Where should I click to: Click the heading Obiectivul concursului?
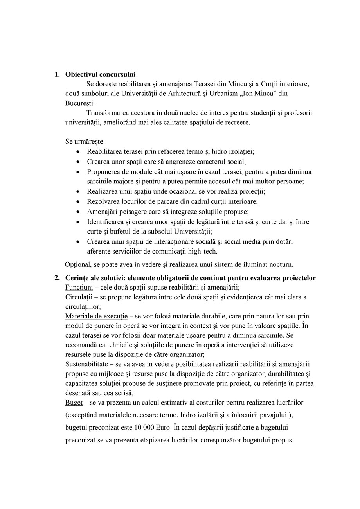(x=100, y=74)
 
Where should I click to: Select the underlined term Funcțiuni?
(x=79, y=288)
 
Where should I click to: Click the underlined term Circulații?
(x=79, y=297)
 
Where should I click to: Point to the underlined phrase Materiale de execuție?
(x=96, y=316)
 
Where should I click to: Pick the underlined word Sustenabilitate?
(x=86, y=364)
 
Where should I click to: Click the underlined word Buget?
(x=74, y=402)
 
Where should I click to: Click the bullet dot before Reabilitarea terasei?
(x=79, y=151)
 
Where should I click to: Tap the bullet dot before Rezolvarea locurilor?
(x=79, y=202)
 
